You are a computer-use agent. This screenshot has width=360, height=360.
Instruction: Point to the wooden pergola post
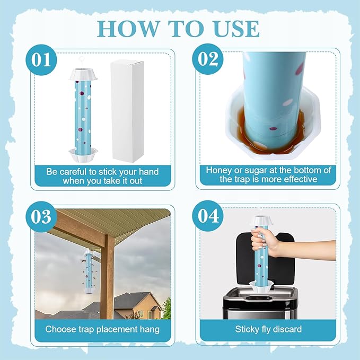coord(109,276)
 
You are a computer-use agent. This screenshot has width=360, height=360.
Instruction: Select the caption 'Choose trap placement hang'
coord(102,329)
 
